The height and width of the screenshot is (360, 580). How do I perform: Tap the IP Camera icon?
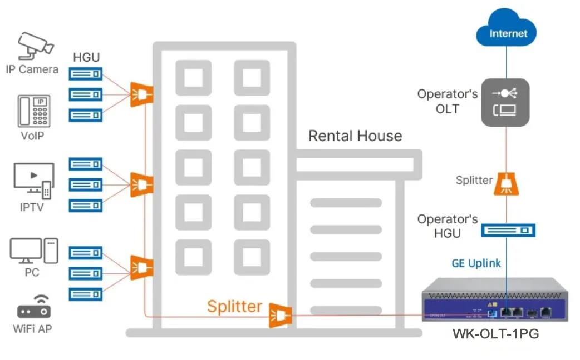(x=35, y=45)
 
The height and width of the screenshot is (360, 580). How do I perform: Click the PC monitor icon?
(x=33, y=251)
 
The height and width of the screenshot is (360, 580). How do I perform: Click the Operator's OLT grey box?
(x=504, y=102)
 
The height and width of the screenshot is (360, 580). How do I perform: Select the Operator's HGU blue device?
(x=508, y=229)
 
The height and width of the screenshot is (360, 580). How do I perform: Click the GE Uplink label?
(x=476, y=263)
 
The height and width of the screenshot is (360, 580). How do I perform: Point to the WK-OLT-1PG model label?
(x=495, y=334)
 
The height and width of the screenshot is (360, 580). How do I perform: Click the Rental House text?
(x=355, y=136)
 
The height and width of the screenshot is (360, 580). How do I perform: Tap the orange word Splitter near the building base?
(x=234, y=306)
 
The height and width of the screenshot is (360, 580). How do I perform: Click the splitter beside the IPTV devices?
(x=141, y=184)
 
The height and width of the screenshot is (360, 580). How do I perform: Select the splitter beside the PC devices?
(x=141, y=267)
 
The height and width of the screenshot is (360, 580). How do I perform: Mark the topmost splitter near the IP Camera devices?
(x=141, y=94)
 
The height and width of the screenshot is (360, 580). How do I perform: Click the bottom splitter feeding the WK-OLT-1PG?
(x=280, y=315)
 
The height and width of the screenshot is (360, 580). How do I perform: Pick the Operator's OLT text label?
(x=448, y=101)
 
